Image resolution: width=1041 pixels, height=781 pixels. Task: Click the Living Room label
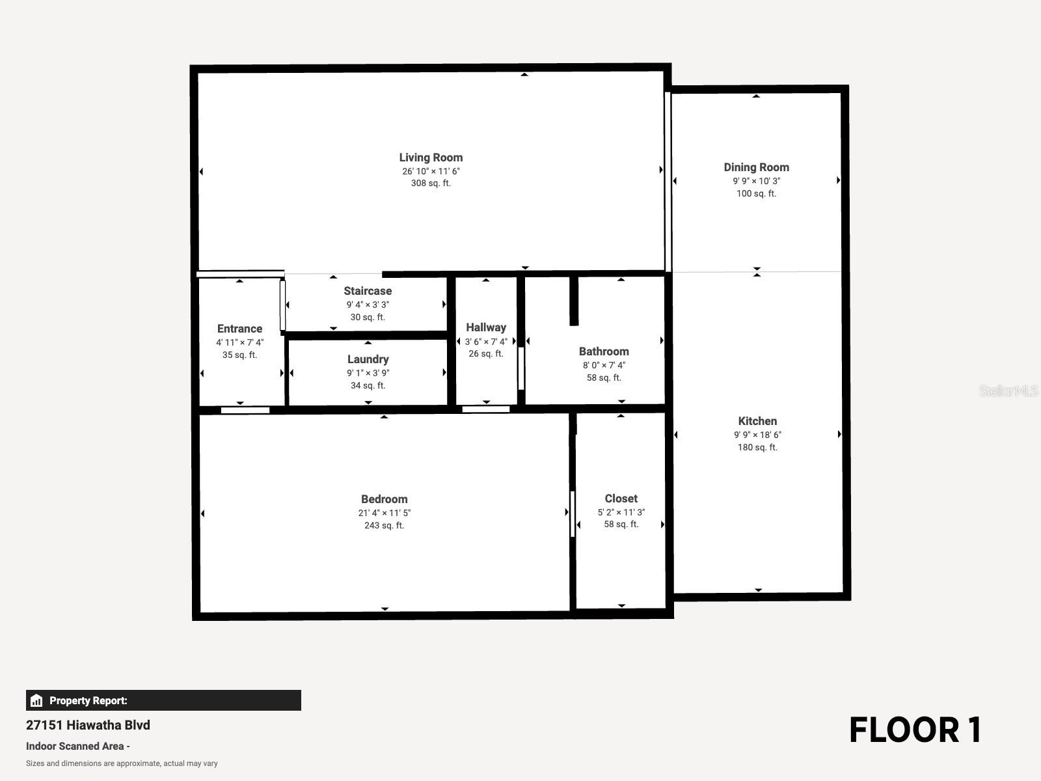(x=431, y=158)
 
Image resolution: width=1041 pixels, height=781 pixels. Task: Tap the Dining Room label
(x=757, y=167)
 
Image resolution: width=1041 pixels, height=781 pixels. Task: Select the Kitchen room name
(x=757, y=421)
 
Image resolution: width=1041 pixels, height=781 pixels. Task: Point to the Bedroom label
(x=384, y=499)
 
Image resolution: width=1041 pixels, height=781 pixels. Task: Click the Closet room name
(x=621, y=499)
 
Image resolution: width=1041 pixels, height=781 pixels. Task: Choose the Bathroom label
(x=604, y=352)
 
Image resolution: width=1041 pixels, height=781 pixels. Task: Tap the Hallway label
(x=486, y=327)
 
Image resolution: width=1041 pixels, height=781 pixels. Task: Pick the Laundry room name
(x=368, y=359)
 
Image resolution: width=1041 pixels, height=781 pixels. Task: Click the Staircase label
(x=368, y=291)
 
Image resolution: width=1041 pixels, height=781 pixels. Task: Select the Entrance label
(x=239, y=329)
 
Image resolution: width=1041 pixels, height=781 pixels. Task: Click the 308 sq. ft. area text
(x=431, y=184)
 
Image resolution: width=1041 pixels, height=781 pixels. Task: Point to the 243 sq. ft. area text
(x=384, y=525)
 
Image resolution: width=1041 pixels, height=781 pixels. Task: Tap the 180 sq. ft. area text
(x=757, y=447)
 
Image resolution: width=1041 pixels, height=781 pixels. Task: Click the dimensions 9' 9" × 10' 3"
(x=757, y=181)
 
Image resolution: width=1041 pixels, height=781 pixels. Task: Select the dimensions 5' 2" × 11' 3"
(x=621, y=512)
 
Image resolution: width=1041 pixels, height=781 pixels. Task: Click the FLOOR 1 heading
(x=915, y=730)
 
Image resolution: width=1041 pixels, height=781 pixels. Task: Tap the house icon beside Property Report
(x=36, y=700)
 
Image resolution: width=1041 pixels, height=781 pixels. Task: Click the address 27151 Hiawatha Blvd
(x=88, y=725)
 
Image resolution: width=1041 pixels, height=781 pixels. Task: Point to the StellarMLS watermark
(x=1008, y=390)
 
